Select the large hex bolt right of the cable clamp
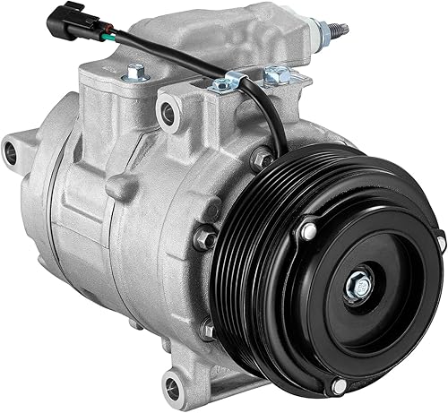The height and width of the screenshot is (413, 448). pos(277,76)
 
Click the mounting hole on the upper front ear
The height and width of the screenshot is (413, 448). pos(166,112)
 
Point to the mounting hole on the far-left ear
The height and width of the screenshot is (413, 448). pos(15,143)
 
